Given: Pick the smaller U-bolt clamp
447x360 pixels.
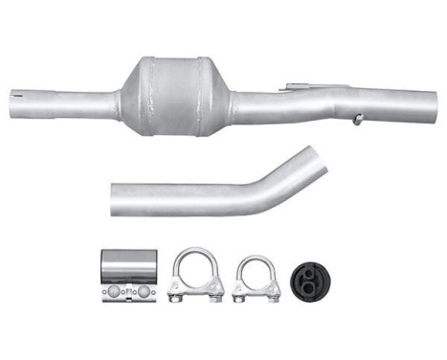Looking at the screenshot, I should pyautogui.click(x=257, y=278).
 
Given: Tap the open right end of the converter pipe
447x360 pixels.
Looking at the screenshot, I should pyautogui.click(x=431, y=101).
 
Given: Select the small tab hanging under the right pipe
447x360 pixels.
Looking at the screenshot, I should pyautogui.click(x=356, y=121).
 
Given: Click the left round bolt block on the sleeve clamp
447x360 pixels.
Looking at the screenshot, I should pyautogui.click(x=113, y=290).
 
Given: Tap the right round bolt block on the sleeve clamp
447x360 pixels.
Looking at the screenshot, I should pyautogui.click(x=145, y=290).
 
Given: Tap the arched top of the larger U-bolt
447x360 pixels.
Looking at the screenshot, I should pyautogui.click(x=197, y=255).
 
